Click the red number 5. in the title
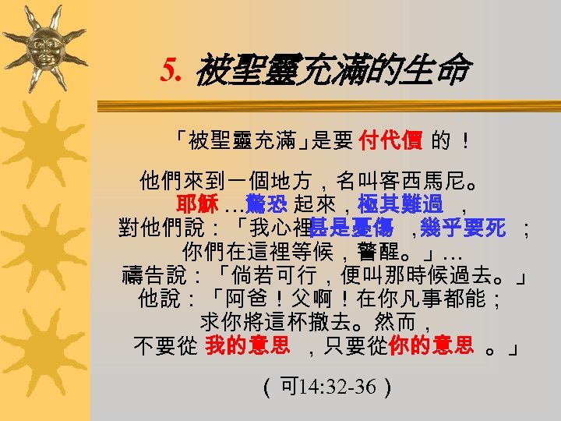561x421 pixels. point(174,72)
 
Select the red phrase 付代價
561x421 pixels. point(390,140)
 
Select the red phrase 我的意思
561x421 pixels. point(247,345)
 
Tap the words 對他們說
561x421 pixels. point(156,228)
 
